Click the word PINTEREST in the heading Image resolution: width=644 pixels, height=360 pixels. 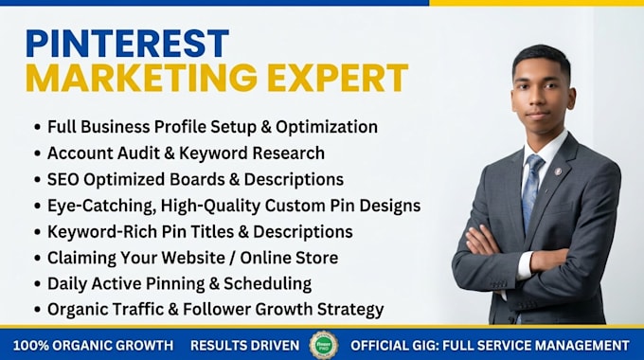pyautogui.click(x=127, y=44)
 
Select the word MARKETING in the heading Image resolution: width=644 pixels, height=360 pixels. pyautogui.click(x=142, y=78)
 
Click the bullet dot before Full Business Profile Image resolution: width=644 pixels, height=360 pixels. pyautogui.click(x=38, y=127)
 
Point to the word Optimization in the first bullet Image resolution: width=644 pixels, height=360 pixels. pyautogui.click(x=327, y=127)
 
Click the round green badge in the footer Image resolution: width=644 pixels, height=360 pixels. pyautogui.click(x=324, y=345)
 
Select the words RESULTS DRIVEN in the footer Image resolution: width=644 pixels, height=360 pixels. pyautogui.click(x=245, y=345)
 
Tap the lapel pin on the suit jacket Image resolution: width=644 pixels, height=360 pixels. pyautogui.click(x=558, y=171)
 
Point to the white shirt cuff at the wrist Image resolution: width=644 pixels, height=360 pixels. pyautogui.click(x=525, y=265)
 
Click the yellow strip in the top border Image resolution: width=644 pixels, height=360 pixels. pyautogui.click(x=536, y=3)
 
